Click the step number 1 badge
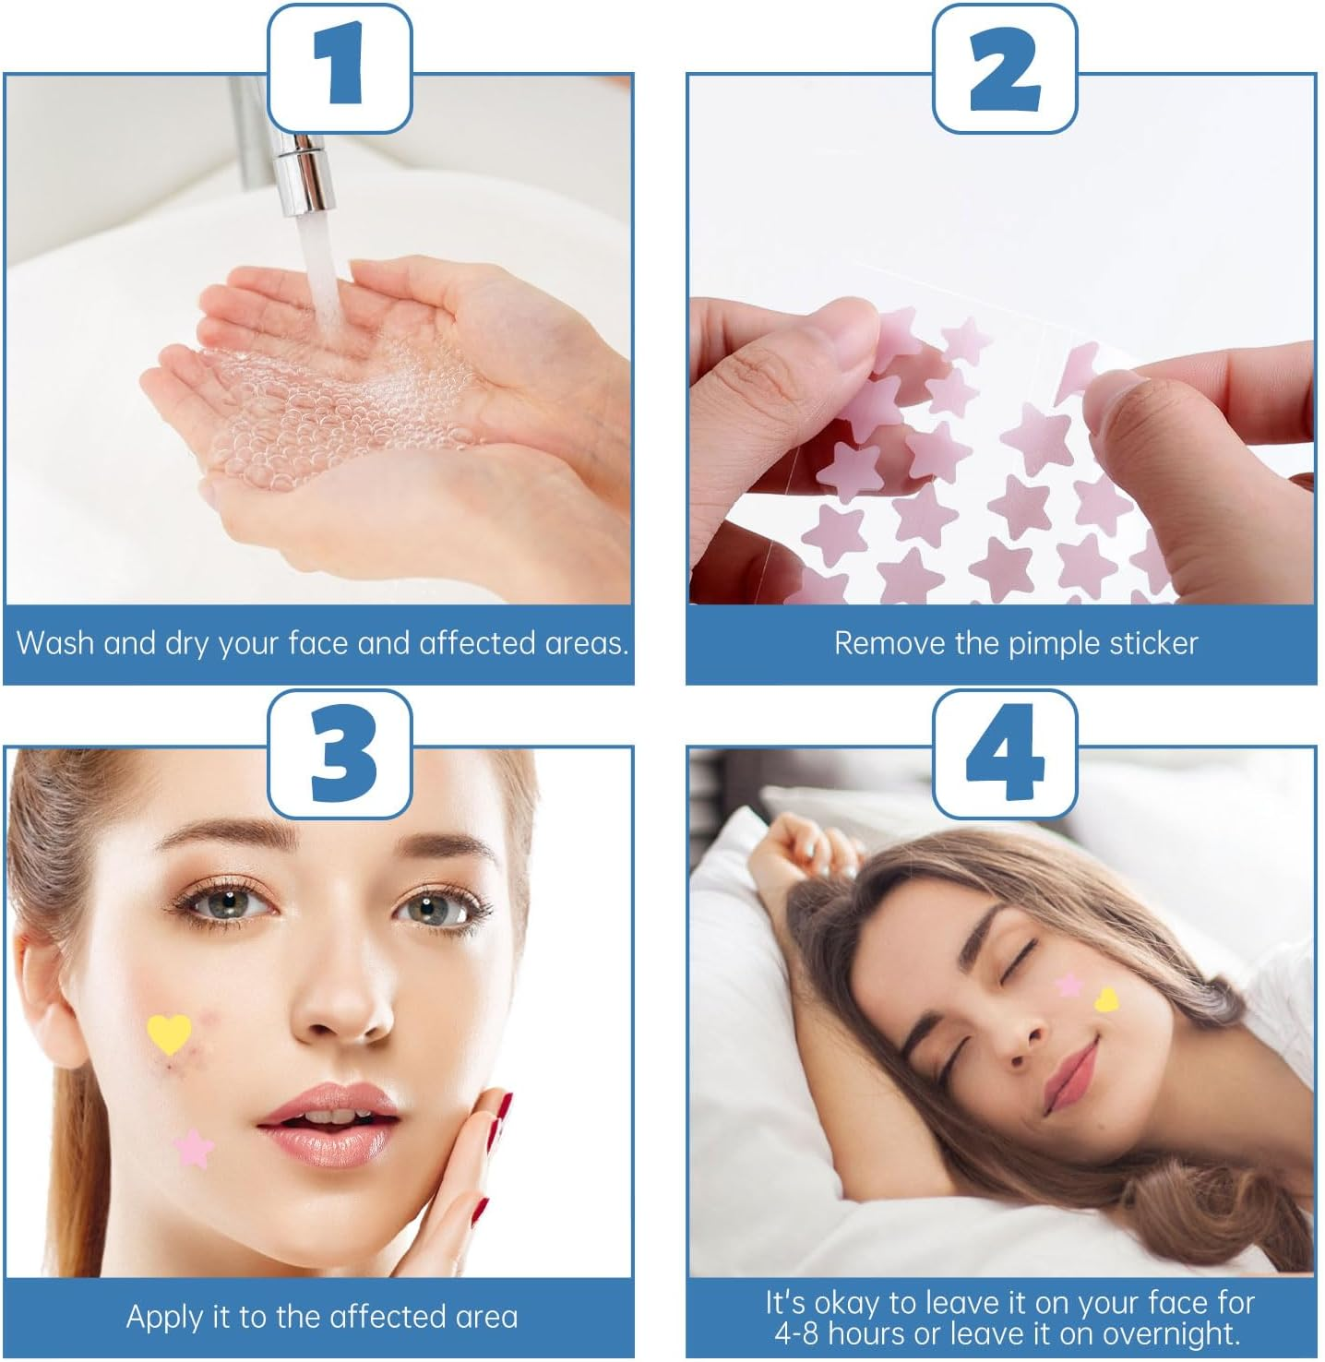[x=339, y=68]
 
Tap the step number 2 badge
[x=1005, y=68]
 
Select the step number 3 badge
[x=339, y=753]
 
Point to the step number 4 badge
[x=1005, y=753]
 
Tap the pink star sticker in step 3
[x=194, y=1148]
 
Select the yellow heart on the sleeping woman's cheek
[x=1105, y=999]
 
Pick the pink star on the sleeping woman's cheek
[x=1068, y=985]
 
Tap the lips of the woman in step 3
[x=329, y=1117]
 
